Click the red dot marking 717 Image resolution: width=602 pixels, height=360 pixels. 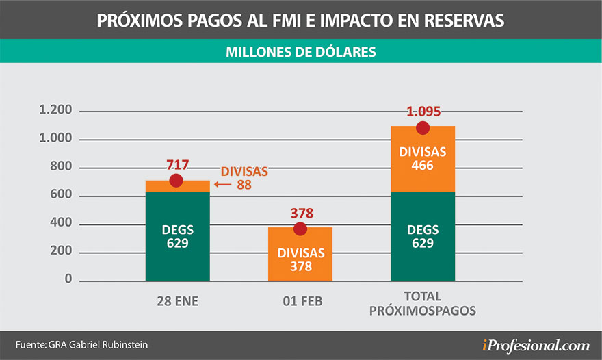pyautogui.click(x=176, y=181)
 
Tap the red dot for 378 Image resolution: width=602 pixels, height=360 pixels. pyautogui.click(x=300, y=229)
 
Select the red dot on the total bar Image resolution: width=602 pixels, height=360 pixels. pyautogui.click(x=423, y=128)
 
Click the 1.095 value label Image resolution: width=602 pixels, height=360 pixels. pyautogui.click(x=423, y=112)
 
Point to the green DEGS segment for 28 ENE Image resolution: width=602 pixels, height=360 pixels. pyautogui.click(x=178, y=236)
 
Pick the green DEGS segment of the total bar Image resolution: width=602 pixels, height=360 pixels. pyautogui.click(x=423, y=236)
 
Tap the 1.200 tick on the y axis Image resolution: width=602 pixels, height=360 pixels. pyautogui.click(x=56, y=111)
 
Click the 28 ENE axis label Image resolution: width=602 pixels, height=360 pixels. pyautogui.click(x=176, y=300)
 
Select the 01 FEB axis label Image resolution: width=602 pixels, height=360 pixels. pyautogui.click(x=300, y=300)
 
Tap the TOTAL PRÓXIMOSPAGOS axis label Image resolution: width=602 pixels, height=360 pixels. pyautogui.click(x=423, y=304)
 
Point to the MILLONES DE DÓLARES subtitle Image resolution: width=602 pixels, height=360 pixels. pyautogui.click(x=300, y=51)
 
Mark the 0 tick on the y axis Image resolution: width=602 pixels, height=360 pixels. pyautogui.click(x=68, y=280)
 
